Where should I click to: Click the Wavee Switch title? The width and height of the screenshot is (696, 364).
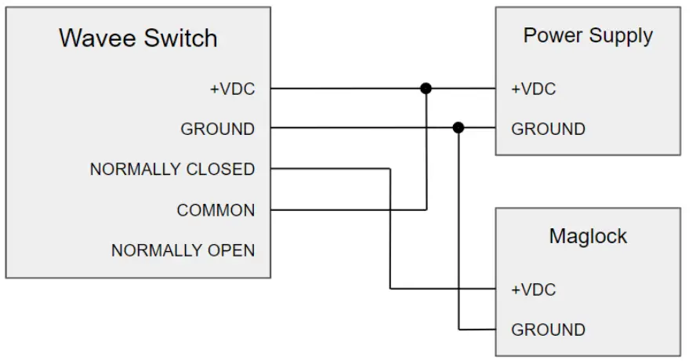(138, 38)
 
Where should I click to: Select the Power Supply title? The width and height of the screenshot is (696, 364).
(588, 36)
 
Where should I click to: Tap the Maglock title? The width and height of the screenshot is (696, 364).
(588, 236)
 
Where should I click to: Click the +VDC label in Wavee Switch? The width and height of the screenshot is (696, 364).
(232, 89)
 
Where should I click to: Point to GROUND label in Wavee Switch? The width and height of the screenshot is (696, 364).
(217, 129)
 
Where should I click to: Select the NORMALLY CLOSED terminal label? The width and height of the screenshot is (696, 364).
(172, 169)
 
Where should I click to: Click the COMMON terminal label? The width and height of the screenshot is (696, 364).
(216, 210)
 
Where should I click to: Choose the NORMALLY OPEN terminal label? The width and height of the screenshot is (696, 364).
(183, 250)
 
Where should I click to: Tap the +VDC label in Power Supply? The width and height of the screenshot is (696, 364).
(534, 89)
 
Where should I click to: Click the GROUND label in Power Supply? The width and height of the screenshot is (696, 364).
(548, 129)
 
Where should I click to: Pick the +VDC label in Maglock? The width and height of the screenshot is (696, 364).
(534, 289)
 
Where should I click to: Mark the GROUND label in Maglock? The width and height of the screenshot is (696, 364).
(548, 329)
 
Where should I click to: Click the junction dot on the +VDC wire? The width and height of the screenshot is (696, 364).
(426, 89)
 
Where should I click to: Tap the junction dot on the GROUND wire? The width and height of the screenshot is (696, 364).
(459, 127)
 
